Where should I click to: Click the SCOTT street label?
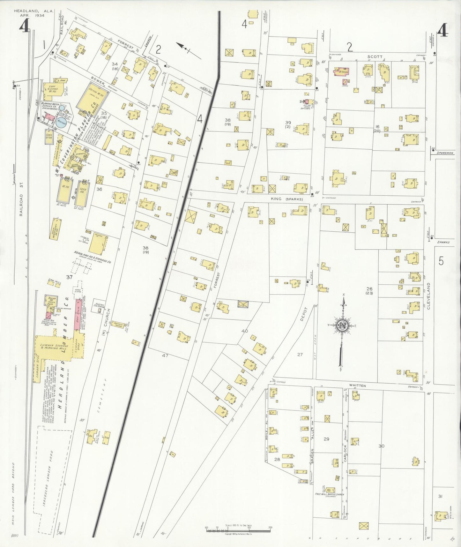click(x=375, y=56)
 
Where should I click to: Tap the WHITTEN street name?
click(x=357, y=386)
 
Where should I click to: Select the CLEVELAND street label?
click(x=428, y=296)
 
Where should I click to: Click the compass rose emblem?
click(x=341, y=326)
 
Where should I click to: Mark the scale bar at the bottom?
click(x=238, y=530)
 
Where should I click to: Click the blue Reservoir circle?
click(x=61, y=122)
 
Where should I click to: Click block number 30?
click(x=381, y=446)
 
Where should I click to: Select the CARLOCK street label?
click(x=345, y=453)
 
